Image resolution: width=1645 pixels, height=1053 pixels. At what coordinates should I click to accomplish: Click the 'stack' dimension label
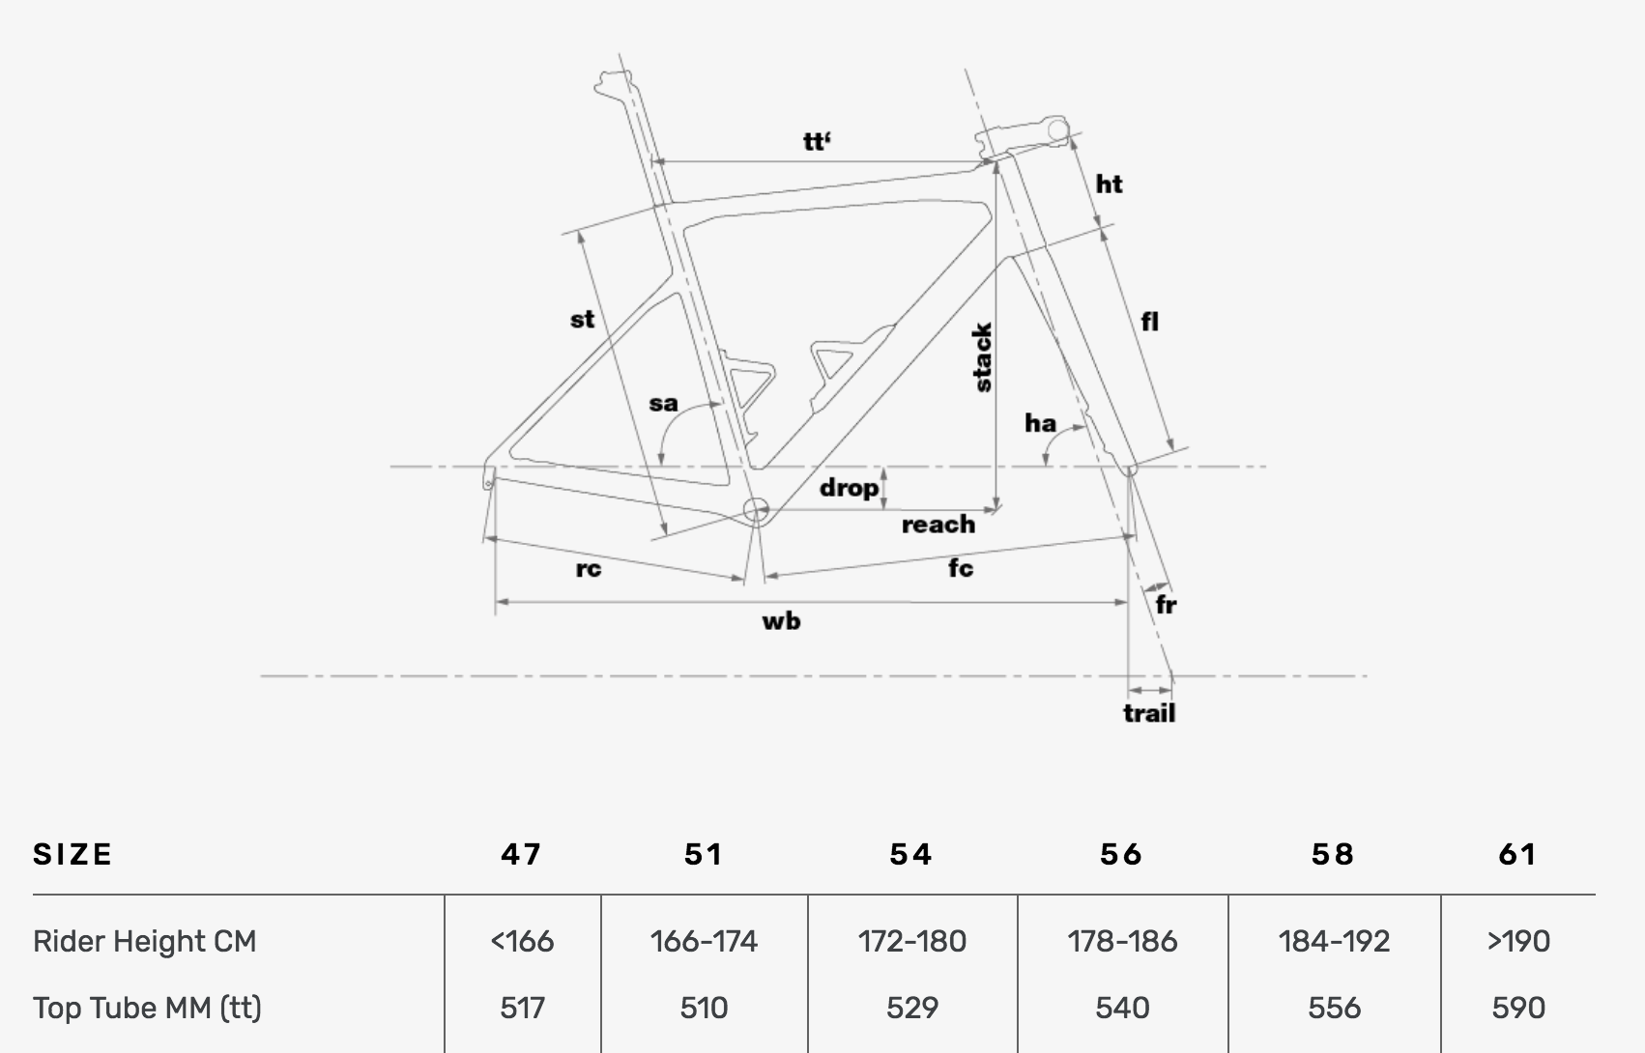[x=982, y=357]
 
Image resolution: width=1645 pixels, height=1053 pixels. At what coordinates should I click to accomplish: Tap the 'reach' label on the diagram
[x=938, y=525]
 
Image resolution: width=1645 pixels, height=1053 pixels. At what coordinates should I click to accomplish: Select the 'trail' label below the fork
[x=1149, y=713]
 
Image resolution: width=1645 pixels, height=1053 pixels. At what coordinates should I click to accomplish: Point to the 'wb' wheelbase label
[x=781, y=621]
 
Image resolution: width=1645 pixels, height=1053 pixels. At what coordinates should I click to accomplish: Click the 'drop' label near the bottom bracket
[x=849, y=488]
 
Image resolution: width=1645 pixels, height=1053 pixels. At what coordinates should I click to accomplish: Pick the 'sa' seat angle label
[x=663, y=403]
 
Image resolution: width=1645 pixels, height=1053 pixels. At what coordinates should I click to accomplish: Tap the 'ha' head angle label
[x=1040, y=423]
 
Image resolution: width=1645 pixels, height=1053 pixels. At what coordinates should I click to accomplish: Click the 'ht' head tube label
[x=1109, y=184]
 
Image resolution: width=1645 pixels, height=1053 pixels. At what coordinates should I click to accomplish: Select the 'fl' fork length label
[x=1149, y=322]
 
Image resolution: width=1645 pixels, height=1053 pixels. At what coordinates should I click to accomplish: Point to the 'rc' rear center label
[x=588, y=569]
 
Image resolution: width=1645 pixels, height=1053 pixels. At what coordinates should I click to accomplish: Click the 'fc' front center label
[x=960, y=568]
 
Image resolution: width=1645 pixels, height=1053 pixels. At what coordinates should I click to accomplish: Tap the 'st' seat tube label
[x=582, y=319]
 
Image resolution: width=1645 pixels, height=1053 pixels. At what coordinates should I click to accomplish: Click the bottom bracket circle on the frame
[x=755, y=509]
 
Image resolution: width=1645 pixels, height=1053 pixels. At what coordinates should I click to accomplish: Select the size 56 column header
[x=1121, y=854]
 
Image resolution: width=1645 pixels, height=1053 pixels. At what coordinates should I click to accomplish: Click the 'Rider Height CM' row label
[x=145, y=941]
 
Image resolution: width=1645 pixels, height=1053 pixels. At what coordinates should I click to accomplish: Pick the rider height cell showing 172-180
[x=911, y=941]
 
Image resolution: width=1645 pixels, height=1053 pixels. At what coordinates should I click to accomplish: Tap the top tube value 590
[x=1517, y=1008]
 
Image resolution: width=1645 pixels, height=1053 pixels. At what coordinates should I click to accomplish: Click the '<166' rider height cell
[x=522, y=941]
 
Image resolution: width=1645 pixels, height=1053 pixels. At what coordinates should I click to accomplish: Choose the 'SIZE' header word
[x=73, y=854]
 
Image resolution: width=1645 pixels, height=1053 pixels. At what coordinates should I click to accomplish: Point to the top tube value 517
[x=522, y=1008]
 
